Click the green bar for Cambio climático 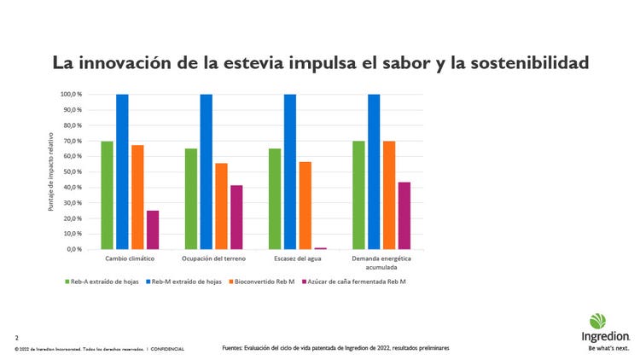click(107, 195)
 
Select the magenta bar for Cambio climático click(153, 229)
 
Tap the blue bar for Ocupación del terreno click(206, 171)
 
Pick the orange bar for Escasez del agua click(305, 206)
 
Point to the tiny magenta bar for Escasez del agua click(320, 248)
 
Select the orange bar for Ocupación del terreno click(221, 206)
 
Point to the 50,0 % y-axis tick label click(72, 172)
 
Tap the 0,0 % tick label click(73, 250)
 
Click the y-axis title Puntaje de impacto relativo click(51, 171)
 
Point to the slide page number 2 click(16, 338)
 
